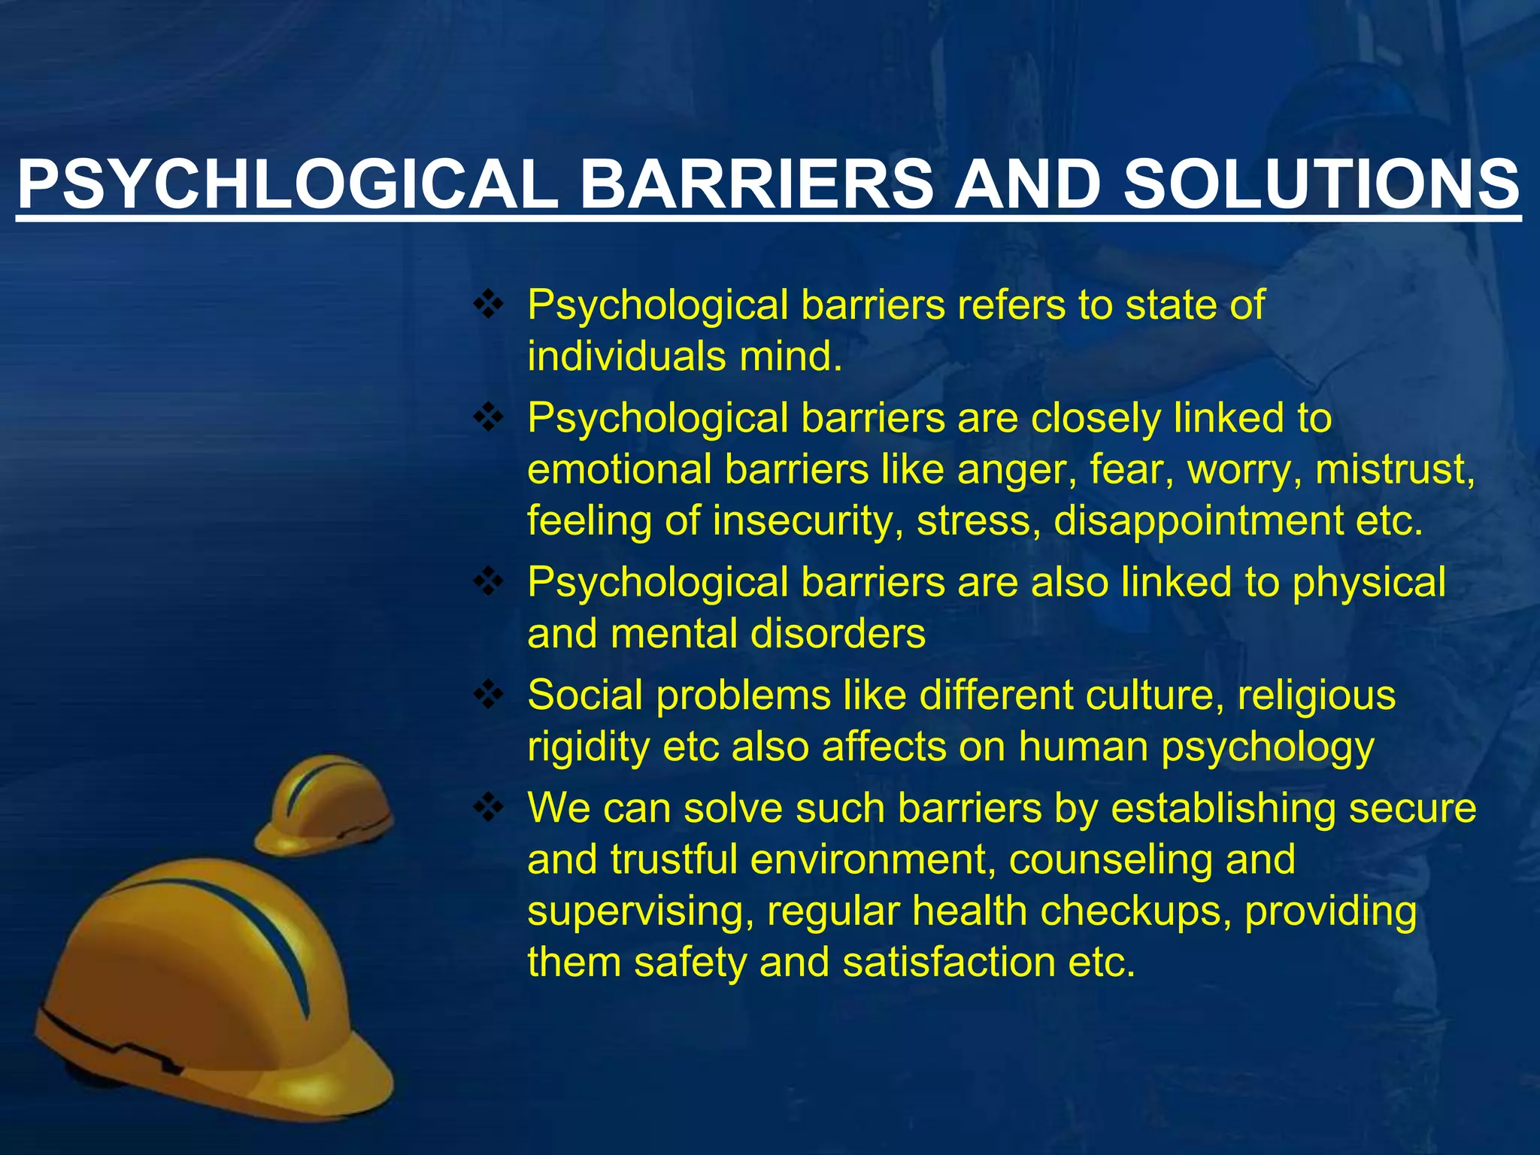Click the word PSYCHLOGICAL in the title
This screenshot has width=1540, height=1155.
288,185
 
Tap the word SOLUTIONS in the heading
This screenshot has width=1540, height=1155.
1321,185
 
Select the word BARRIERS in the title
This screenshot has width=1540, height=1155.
756,185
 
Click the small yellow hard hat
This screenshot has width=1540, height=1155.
325,807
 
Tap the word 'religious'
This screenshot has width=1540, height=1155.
1316,696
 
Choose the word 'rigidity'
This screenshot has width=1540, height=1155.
587,747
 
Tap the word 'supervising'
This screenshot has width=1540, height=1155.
640,911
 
